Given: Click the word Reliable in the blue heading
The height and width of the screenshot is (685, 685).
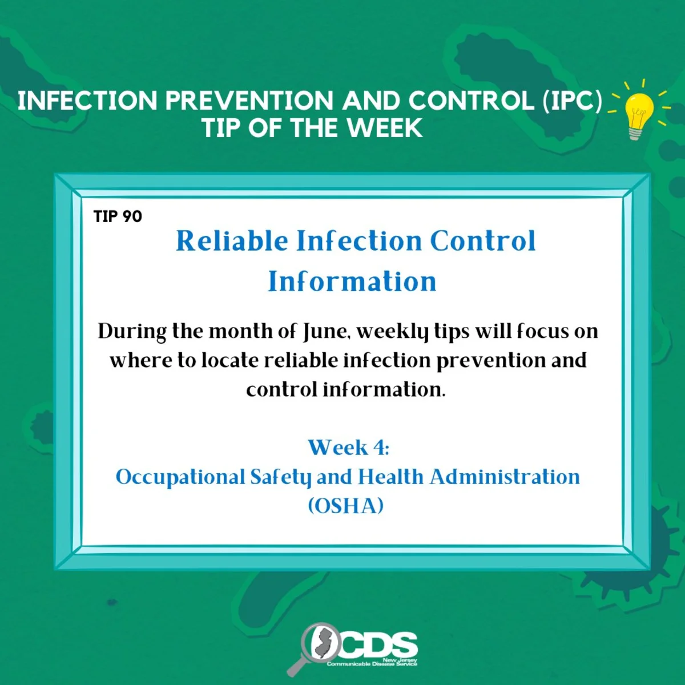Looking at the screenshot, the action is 232,241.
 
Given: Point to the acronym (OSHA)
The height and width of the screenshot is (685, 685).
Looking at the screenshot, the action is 346,506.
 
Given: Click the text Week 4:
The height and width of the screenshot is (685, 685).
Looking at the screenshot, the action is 348,447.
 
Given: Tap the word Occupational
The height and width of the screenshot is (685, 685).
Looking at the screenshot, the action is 180,478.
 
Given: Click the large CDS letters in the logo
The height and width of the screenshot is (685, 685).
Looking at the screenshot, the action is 378,645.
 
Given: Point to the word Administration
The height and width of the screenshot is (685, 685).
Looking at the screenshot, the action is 505,477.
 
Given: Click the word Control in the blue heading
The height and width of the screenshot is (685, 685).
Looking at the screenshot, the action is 483,241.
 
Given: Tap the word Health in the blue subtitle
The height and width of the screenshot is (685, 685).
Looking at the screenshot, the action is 390,477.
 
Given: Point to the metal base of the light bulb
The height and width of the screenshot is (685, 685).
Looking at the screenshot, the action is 635,134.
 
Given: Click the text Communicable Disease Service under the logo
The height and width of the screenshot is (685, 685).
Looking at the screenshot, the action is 372,664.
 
